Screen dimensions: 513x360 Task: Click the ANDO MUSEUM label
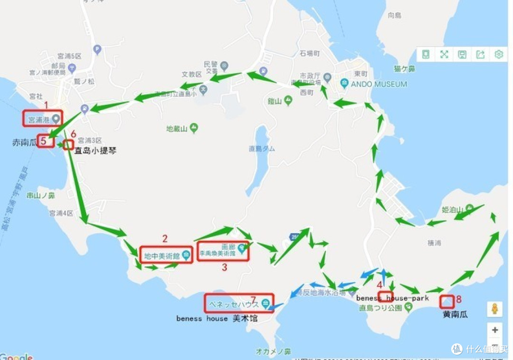click(x=379, y=84)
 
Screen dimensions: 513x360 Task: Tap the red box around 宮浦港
click(x=43, y=118)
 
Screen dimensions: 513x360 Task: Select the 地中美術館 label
click(x=161, y=256)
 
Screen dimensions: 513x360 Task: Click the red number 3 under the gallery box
click(x=225, y=267)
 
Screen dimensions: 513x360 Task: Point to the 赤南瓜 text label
click(x=24, y=142)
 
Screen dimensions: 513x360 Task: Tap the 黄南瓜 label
click(x=455, y=314)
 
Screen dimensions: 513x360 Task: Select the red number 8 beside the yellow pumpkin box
click(x=458, y=299)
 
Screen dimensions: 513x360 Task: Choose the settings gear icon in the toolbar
click(x=498, y=54)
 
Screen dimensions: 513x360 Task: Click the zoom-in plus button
click(x=495, y=330)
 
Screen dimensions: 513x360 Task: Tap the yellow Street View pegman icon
click(x=495, y=309)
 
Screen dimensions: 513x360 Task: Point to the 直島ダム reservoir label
click(x=261, y=149)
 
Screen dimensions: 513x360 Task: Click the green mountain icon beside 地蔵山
click(x=194, y=128)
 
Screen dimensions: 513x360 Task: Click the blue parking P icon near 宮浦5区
click(x=97, y=49)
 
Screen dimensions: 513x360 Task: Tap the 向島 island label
click(x=394, y=15)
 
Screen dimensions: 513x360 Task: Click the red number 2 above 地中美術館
click(x=165, y=239)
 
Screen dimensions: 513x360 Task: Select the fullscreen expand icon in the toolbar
click(x=444, y=54)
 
